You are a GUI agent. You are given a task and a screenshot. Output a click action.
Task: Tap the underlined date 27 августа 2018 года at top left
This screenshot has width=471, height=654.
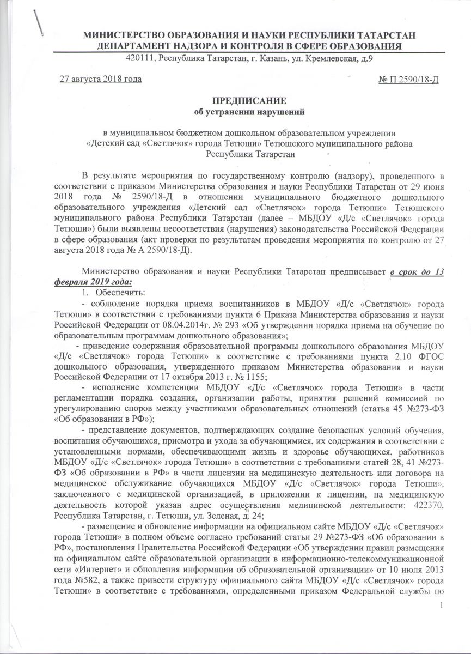coord(100,80)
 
